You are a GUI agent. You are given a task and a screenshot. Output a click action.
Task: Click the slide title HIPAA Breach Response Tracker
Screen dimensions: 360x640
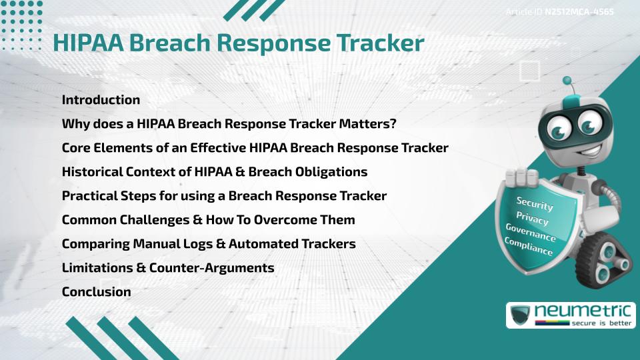coord(238,43)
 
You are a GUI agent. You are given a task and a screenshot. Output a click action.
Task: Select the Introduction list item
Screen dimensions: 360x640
coord(101,100)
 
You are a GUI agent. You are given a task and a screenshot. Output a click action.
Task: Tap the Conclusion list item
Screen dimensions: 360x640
coord(96,291)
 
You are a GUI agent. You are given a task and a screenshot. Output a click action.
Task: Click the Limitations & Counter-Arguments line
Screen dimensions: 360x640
coord(168,267)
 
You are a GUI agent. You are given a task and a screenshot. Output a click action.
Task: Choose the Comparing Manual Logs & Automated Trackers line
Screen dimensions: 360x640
coord(208,243)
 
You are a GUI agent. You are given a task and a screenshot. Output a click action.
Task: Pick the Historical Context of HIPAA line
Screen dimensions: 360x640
coord(214,171)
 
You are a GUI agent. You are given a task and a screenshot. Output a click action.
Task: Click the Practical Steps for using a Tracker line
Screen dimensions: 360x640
coord(224,195)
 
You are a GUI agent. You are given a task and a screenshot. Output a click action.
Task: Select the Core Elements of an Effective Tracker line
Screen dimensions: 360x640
coord(255,147)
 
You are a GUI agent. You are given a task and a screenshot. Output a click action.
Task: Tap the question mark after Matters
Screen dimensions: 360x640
coord(393,124)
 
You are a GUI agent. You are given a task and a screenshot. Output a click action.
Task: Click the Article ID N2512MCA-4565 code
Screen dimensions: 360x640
coord(579,12)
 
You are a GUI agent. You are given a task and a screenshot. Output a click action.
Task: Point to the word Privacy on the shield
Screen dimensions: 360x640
coord(532,218)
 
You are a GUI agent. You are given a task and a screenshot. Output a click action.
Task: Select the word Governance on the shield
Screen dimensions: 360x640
coord(531,233)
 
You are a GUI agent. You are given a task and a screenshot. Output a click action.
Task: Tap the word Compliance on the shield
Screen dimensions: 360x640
coord(529,247)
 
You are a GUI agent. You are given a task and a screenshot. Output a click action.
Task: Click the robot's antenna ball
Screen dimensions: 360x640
coord(567,81)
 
